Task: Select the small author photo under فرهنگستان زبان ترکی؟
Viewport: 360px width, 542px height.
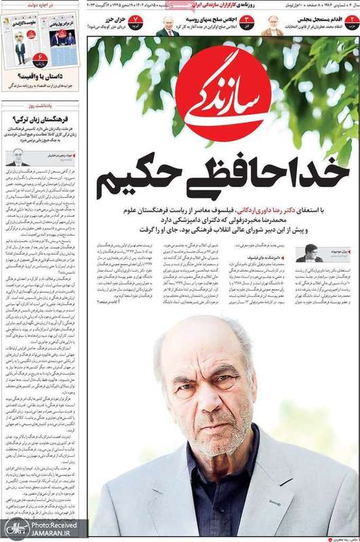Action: click(x=18, y=157)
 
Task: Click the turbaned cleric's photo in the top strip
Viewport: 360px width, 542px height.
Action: click(x=272, y=25)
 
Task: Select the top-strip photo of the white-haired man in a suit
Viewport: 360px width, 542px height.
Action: click(x=167, y=26)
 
